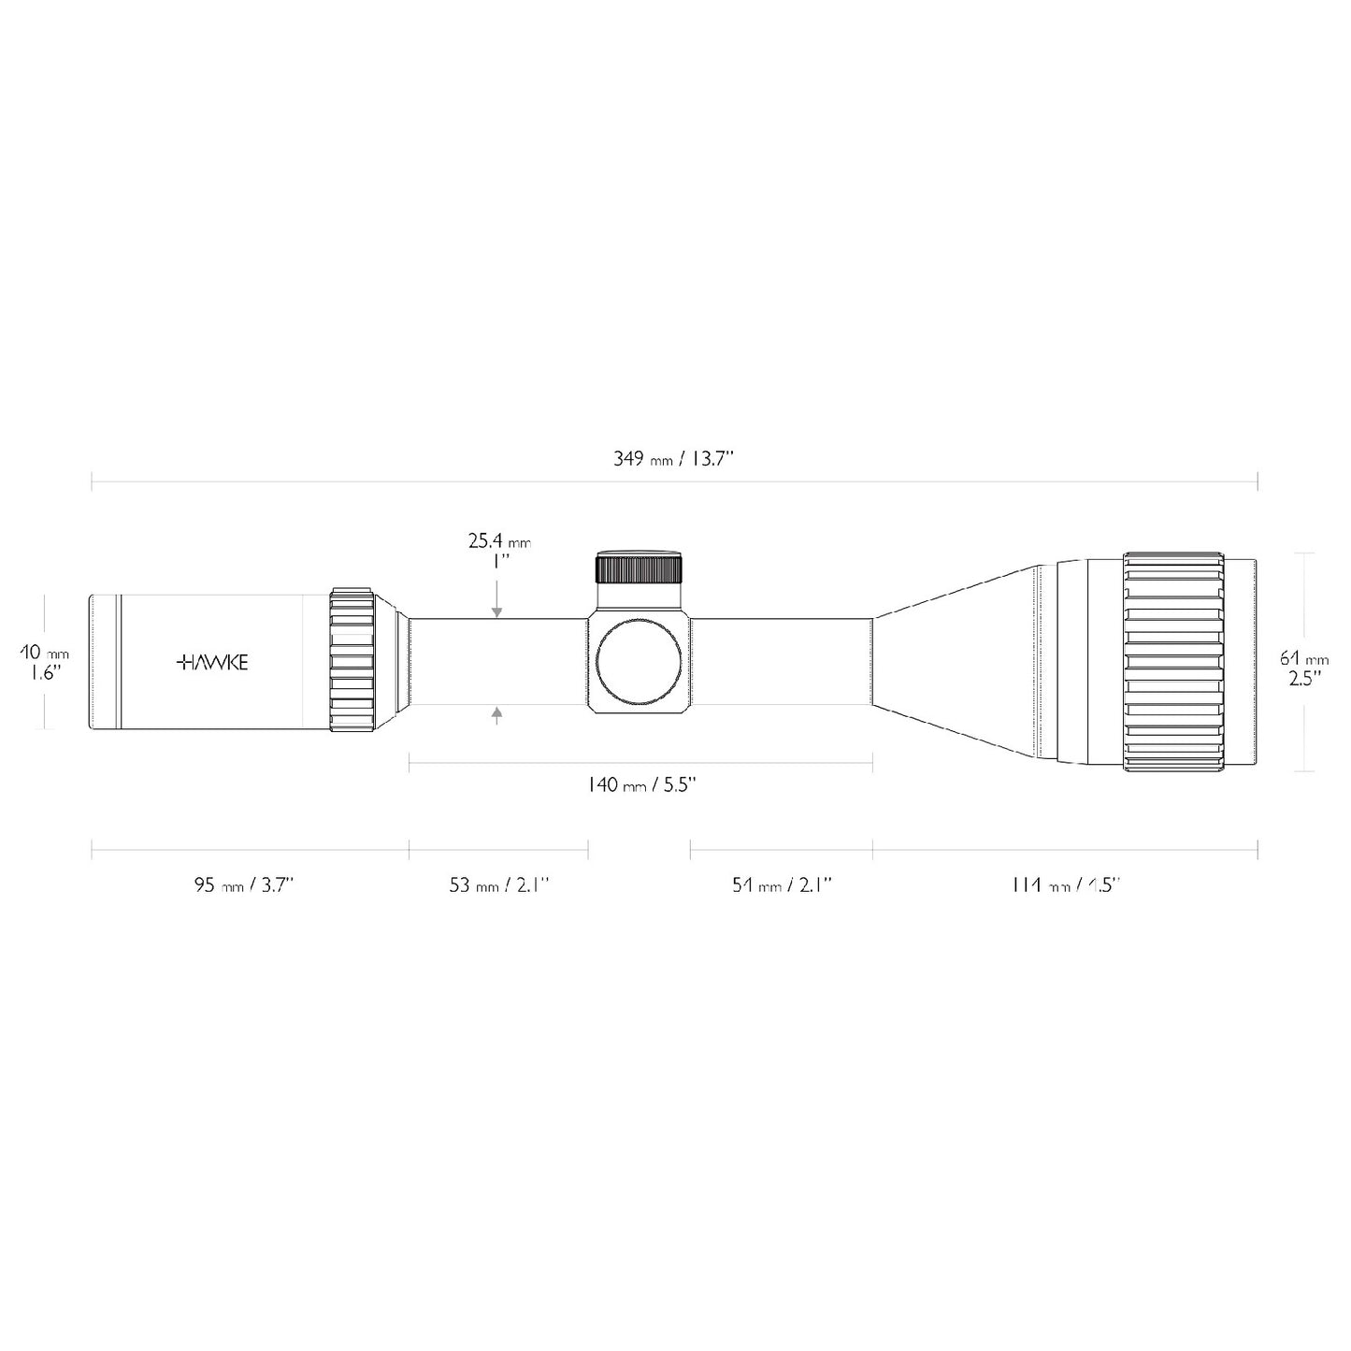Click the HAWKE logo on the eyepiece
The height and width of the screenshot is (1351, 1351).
(212, 663)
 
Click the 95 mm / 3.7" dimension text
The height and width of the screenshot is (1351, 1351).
(244, 885)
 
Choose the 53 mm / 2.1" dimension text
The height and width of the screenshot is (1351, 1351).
(498, 885)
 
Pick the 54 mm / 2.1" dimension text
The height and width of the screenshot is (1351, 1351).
(782, 885)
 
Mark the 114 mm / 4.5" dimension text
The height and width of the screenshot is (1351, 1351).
(1066, 885)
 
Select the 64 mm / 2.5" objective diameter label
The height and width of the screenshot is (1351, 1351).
(1303, 668)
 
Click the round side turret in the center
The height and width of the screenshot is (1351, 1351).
(640, 662)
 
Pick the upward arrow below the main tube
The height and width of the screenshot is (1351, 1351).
(497, 716)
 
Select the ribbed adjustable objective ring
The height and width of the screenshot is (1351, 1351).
(1173, 662)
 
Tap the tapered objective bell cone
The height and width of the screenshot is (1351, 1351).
(954, 662)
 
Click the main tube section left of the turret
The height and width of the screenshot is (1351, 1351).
(498, 662)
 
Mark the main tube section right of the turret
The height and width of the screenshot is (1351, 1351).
(782, 662)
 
